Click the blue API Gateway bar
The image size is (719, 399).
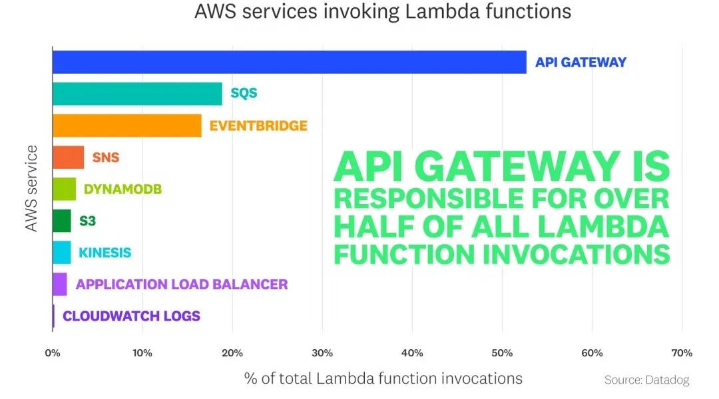[x=289, y=62]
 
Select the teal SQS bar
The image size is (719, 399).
[x=137, y=94]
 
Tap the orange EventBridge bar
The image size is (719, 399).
[x=126, y=126]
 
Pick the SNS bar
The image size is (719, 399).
[x=68, y=158]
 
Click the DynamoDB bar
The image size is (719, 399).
[x=64, y=189]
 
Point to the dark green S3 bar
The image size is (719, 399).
[x=61, y=221]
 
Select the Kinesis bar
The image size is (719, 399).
[x=61, y=253]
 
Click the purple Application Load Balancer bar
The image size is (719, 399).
[x=59, y=285]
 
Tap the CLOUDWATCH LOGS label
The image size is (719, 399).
[x=131, y=317]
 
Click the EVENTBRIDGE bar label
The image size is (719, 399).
[x=258, y=126]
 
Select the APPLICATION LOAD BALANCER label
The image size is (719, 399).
[x=182, y=285]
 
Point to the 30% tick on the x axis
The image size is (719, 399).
[x=322, y=352]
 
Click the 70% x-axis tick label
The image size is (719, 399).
[x=682, y=352]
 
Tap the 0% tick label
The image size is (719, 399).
[x=53, y=352]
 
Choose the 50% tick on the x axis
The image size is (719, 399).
[x=502, y=352]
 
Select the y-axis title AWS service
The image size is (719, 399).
[x=31, y=189]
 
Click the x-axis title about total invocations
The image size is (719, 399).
[x=383, y=378]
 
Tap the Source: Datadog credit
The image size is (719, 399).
[x=646, y=380]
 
